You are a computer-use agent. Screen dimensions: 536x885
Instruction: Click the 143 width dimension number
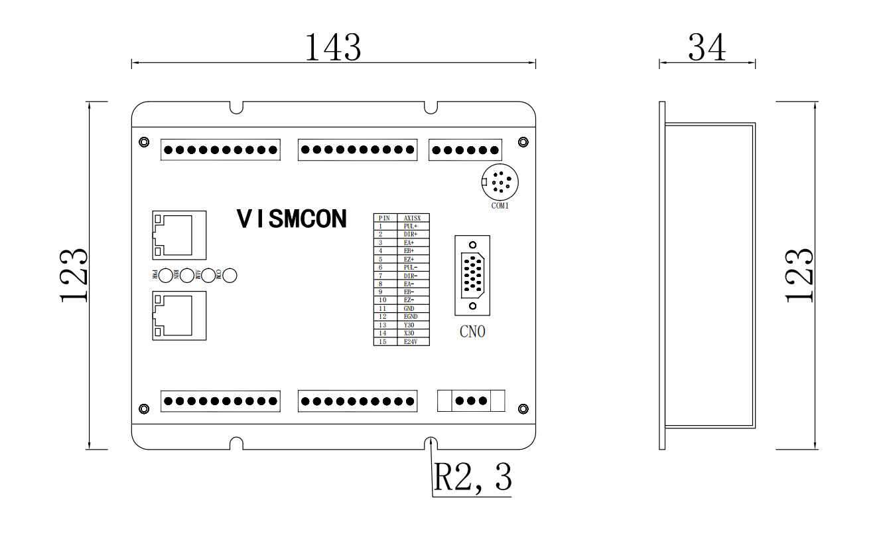(x=333, y=47)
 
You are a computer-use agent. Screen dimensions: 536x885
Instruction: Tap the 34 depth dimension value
(x=707, y=47)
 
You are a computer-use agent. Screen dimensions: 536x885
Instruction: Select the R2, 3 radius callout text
(x=472, y=476)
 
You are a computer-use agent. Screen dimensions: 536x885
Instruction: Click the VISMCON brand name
(x=292, y=219)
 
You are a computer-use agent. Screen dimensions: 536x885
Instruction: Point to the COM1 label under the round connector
(x=500, y=206)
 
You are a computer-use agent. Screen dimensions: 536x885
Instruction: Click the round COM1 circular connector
(x=500, y=181)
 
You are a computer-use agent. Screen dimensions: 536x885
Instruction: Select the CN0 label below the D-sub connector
(x=472, y=331)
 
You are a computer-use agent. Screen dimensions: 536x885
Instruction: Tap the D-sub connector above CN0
(x=472, y=275)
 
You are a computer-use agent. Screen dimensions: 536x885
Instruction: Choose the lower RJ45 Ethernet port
(x=179, y=315)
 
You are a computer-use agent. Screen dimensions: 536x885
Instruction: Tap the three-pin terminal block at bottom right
(x=471, y=401)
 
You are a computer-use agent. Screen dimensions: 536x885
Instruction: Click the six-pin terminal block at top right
(x=465, y=150)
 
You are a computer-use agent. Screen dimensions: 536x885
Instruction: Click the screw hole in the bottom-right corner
(x=523, y=408)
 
